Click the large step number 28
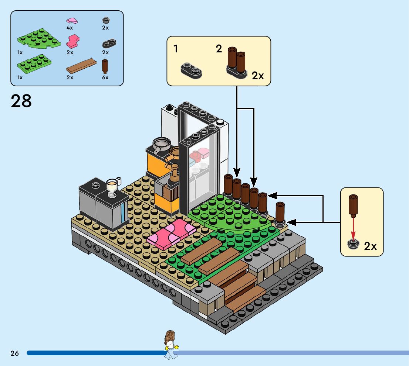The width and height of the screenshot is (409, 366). pos(21,101)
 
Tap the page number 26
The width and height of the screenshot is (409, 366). pos(14,353)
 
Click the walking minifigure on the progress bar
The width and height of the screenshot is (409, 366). pos(170,345)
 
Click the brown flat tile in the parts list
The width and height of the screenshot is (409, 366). pos(80,65)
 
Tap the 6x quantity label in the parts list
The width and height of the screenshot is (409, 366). pos(105,77)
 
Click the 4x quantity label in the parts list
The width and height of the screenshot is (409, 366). pos(70,28)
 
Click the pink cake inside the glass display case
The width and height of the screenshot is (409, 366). pos(203,152)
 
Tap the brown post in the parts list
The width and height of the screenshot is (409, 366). pos(105,66)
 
